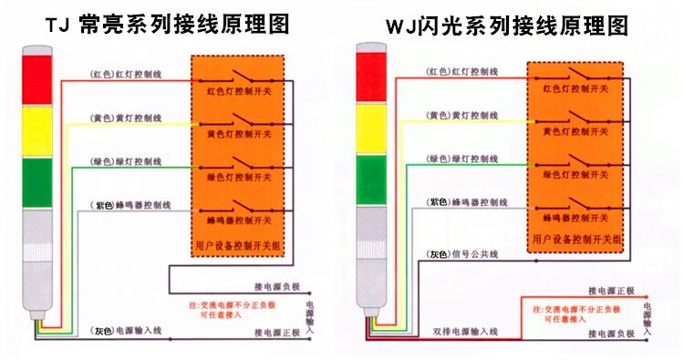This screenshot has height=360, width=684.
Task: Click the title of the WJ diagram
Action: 506,25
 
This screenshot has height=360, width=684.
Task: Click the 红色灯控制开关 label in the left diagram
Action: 234,92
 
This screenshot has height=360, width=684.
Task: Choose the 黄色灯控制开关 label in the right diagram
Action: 572,133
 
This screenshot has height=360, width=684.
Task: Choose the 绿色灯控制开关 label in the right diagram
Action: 572,177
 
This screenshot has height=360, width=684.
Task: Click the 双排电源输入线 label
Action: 466,331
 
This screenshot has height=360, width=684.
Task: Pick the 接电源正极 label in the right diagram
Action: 610,292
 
